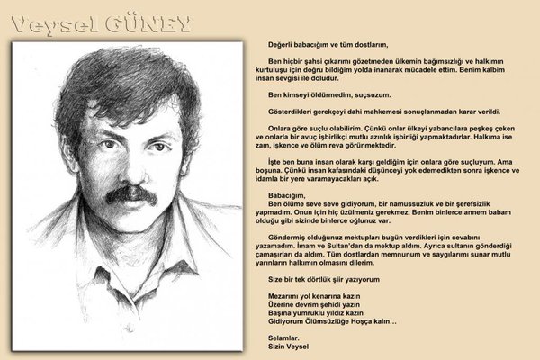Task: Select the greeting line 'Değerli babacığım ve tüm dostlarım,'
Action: click(x=327, y=43)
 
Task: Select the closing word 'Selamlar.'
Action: click(x=283, y=336)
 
